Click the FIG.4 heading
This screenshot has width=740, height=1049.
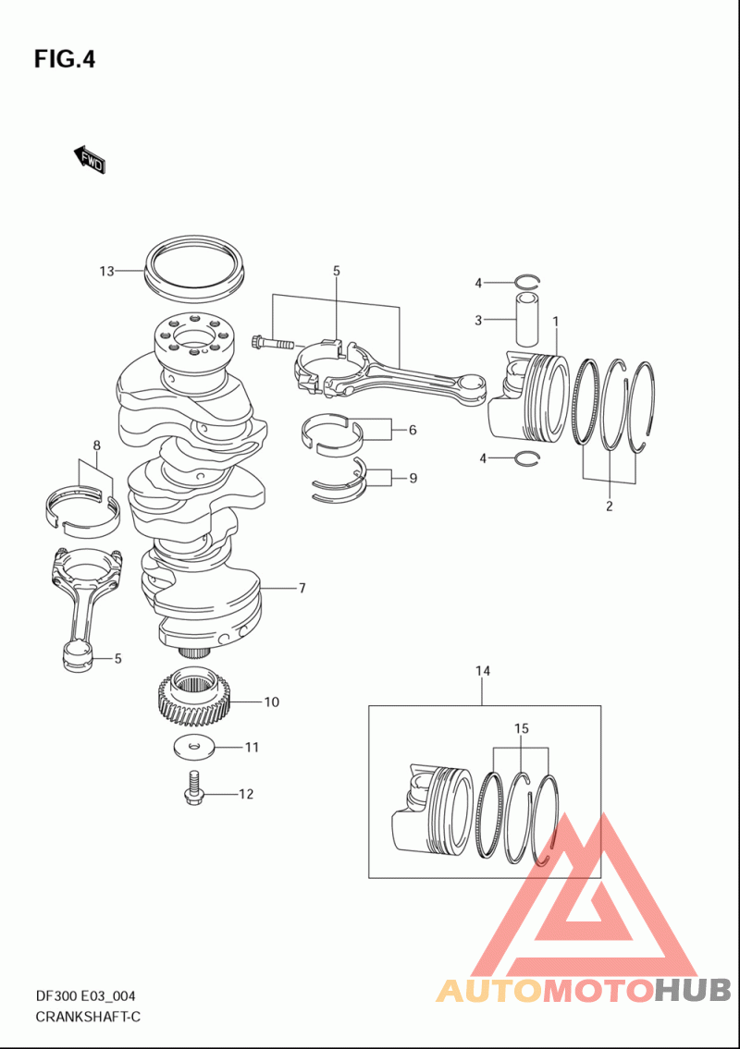[65, 59]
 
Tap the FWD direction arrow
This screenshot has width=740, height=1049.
[89, 159]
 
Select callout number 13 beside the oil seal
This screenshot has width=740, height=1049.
[107, 271]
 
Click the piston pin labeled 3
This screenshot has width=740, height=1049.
[527, 318]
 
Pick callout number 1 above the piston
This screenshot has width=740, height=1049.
[555, 322]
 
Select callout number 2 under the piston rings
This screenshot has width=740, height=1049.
[609, 506]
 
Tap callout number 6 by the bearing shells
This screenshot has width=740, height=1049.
[413, 430]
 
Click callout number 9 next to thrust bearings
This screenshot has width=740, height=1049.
[413, 478]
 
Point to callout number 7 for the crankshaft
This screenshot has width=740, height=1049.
[302, 588]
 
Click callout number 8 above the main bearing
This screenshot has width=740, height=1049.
[96, 445]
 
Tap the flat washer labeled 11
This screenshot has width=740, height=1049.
[193, 747]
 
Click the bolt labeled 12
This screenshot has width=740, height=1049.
[193, 788]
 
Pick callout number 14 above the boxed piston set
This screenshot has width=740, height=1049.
[483, 670]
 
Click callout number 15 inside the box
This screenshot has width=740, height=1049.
[522, 728]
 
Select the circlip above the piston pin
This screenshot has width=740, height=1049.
[527, 281]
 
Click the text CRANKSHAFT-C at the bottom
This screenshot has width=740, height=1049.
[88, 1018]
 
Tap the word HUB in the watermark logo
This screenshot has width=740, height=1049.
[693, 990]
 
